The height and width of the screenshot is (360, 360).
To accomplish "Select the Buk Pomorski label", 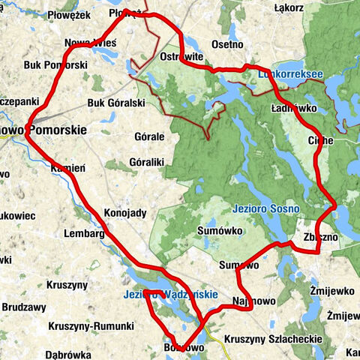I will pos(56,65).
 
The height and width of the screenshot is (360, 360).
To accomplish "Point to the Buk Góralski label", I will pos(115,103).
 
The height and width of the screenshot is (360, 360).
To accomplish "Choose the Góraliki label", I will pos(147,161).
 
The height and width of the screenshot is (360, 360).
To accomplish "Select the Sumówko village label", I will pos(220,231).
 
